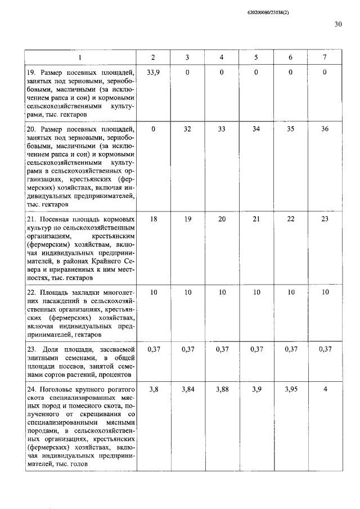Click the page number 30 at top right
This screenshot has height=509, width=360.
337,24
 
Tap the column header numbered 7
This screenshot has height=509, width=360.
325,57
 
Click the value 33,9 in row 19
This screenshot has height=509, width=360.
153,72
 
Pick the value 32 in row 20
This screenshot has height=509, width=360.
187,129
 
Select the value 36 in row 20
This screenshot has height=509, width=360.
325,129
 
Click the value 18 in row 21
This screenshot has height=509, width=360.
153,219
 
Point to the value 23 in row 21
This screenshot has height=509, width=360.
325,219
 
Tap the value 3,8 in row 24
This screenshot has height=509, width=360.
153,389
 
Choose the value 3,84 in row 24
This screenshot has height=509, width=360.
187,389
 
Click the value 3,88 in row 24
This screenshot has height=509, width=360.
222,389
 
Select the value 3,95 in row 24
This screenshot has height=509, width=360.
290,389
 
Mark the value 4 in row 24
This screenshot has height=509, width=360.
325,389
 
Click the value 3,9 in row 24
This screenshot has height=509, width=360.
256,389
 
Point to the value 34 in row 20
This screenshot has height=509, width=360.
256,129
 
